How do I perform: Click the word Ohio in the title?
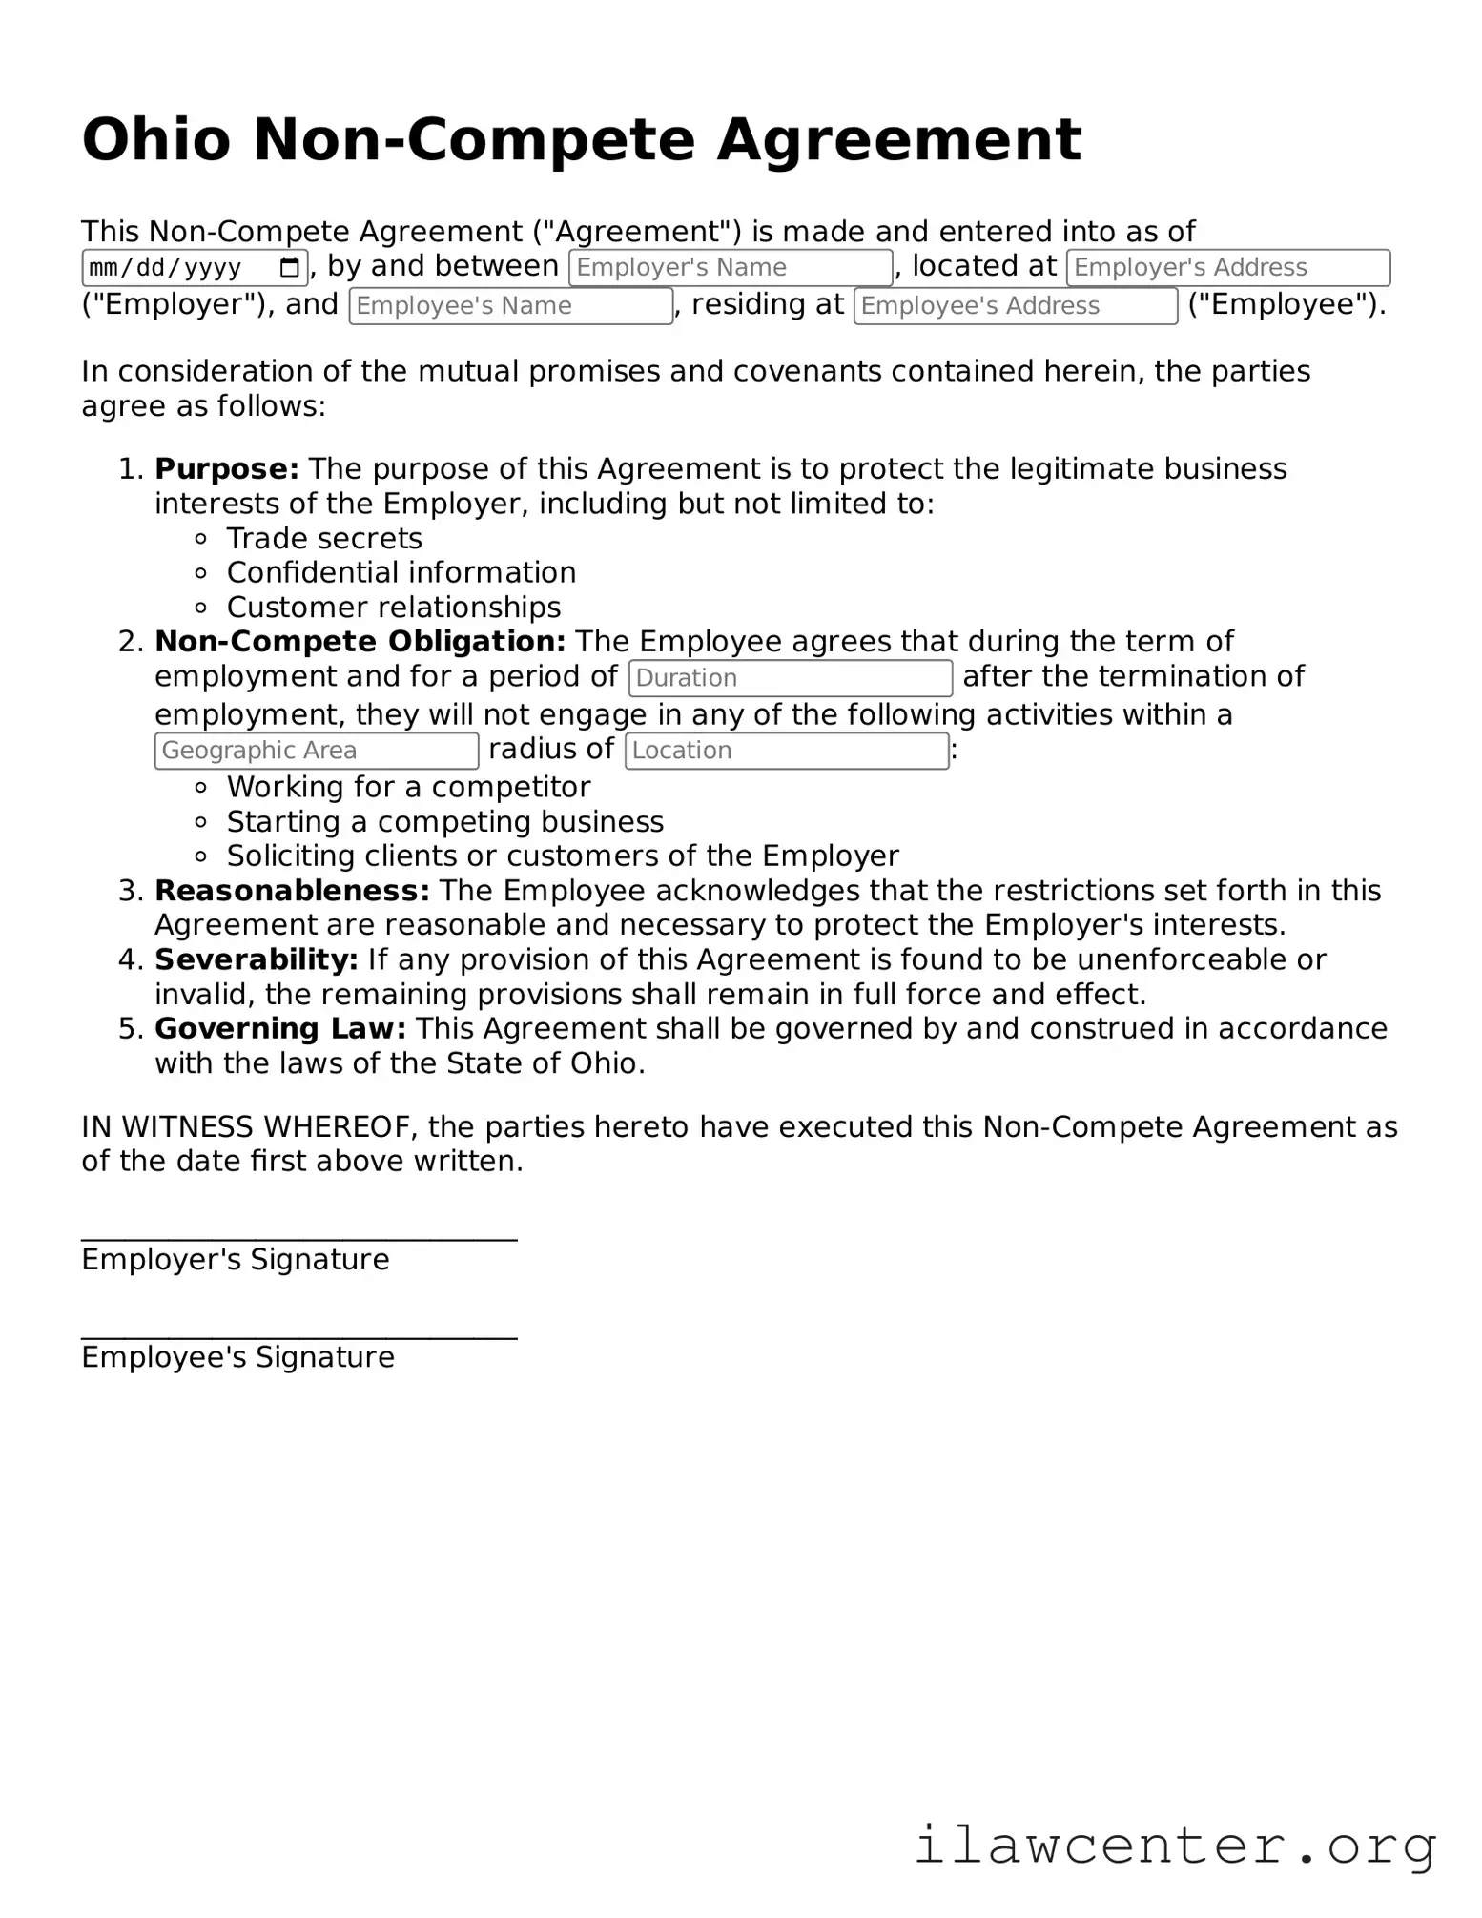pyautogui.click(x=156, y=140)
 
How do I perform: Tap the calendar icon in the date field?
pyautogui.click(x=290, y=268)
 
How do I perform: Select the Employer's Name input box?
pyautogui.click(x=731, y=268)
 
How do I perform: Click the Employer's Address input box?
pyautogui.click(x=1227, y=268)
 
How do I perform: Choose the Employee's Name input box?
pyautogui.click(x=510, y=306)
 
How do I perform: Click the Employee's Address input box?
pyautogui.click(x=1015, y=306)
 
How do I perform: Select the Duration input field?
pyautogui.click(x=790, y=678)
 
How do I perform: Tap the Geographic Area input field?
pyautogui.click(x=316, y=751)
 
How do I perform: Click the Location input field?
pyautogui.click(x=786, y=751)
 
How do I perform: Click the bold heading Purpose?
pyautogui.click(x=227, y=469)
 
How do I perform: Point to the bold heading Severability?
pyautogui.click(x=256, y=959)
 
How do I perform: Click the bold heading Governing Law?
pyautogui.click(x=280, y=1029)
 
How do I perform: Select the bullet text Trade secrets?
pyautogui.click(x=324, y=539)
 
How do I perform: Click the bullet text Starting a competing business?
pyautogui.click(x=444, y=822)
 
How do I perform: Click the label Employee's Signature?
pyautogui.click(x=237, y=1357)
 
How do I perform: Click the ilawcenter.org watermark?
pyautogui.click(x=1175, y=1845)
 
